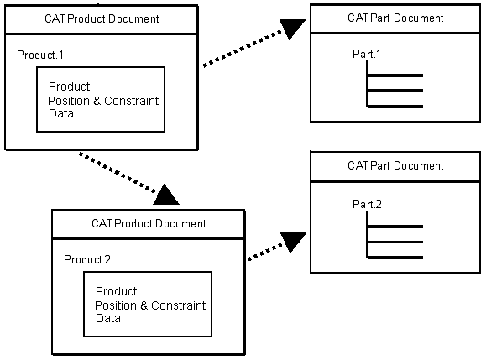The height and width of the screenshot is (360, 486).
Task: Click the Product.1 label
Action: tap(40, 55)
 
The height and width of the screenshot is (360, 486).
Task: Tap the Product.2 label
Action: tap(87, 259)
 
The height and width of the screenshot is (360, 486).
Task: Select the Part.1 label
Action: tap(366, 55)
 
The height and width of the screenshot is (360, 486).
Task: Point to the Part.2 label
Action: tap(367, 205)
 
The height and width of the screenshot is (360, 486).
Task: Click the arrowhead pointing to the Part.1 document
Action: tap(291, 28)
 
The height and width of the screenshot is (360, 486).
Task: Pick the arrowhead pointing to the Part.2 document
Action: tap(292, 242)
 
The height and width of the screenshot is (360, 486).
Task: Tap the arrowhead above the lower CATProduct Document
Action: tap(166, 196)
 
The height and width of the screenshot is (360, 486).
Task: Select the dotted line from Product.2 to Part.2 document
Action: tap(265, 252)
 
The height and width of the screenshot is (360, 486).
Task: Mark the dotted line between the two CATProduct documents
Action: tap(118, 172)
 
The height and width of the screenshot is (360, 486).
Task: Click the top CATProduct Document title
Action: tap(102, 19)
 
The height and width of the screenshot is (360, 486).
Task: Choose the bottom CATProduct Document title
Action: tap(149, 224)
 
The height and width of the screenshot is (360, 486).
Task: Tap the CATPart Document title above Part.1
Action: tap(395, 18)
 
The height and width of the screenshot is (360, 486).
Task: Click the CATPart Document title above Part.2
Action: tap(395, 166)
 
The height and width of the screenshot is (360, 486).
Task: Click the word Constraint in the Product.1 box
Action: tap(132, 101)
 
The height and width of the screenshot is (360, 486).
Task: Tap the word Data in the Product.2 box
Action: tap(108, 318)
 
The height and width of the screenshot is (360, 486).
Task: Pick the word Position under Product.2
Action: tap(116, 305)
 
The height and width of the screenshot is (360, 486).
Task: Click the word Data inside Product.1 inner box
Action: tap(61, 113)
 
